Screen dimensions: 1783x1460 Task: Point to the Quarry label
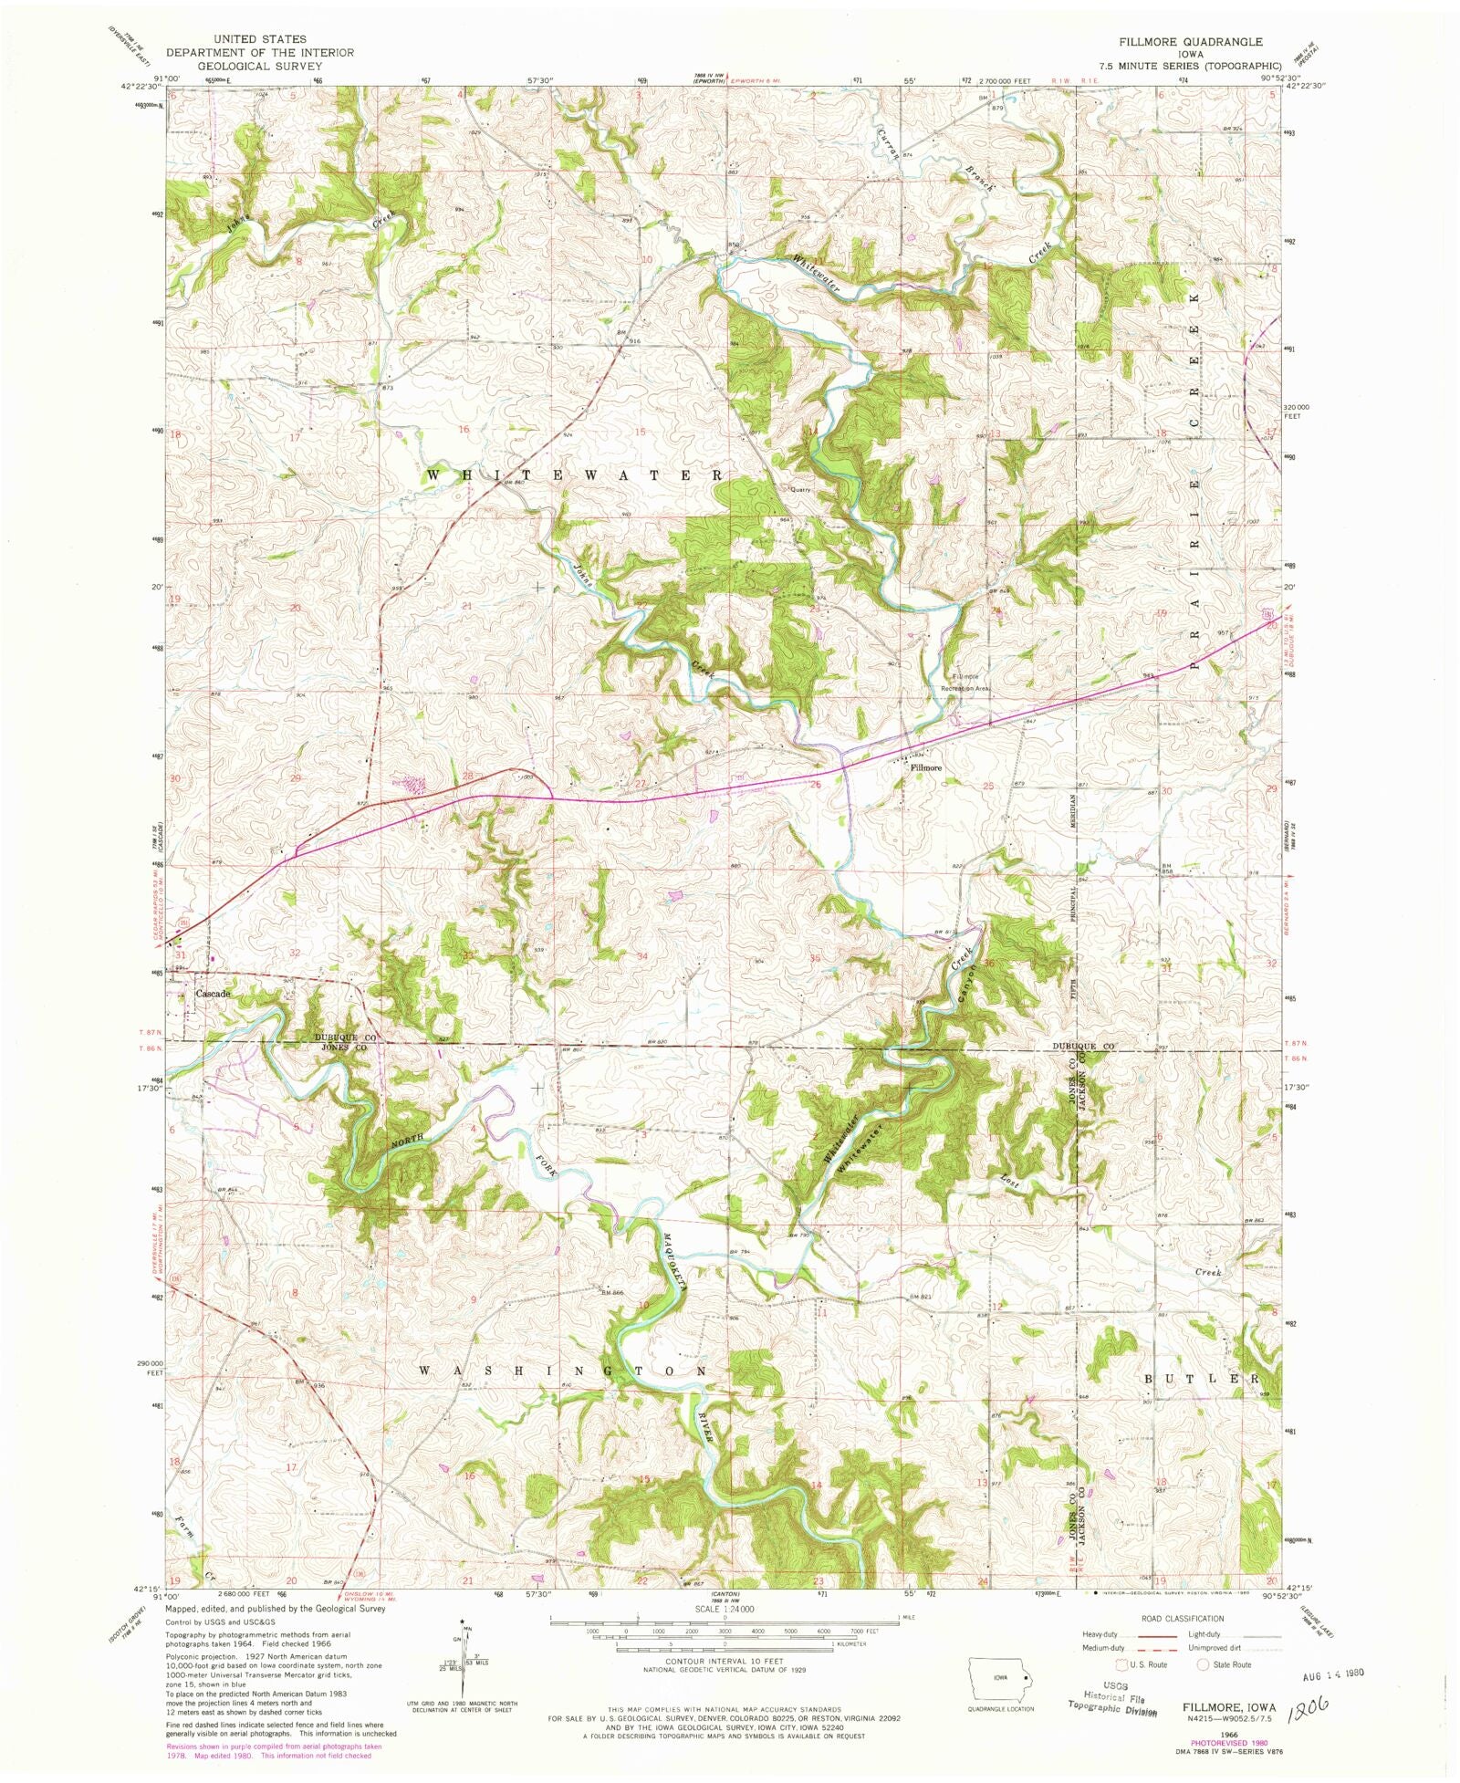pyautogui.click(x=800, y=489)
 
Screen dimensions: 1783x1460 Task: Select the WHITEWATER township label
pyautogui.click(x=576, y=475)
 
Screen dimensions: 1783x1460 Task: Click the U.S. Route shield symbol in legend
pyautogui.click(x=1117, y=1663)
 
